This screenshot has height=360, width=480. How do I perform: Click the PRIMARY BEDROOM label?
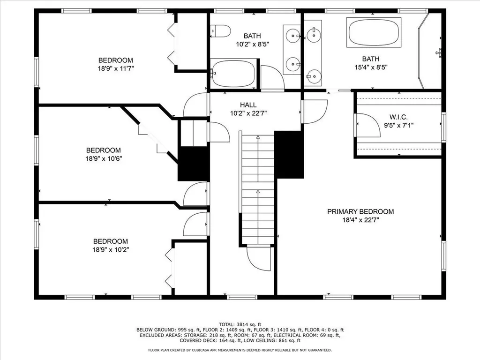pos(360,211)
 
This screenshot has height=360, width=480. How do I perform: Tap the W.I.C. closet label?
pos(398,117)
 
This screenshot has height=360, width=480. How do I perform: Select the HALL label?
pos(248,105)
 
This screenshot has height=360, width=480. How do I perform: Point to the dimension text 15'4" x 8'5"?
pos(371,67)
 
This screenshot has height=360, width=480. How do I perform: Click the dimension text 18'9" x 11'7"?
pos(116,68)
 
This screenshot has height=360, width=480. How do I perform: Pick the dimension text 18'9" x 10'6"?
pos(104,158)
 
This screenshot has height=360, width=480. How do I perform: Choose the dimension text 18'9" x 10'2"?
pos(111,249)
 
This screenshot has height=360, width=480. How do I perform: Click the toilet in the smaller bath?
pos(221,31)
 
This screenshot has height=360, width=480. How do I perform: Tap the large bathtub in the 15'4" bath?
pos(374,32)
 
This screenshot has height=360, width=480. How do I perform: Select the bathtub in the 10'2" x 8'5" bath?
pos(233,74)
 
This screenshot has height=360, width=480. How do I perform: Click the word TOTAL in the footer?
pos(226,324)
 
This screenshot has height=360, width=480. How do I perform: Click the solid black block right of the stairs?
pos(289,155)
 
